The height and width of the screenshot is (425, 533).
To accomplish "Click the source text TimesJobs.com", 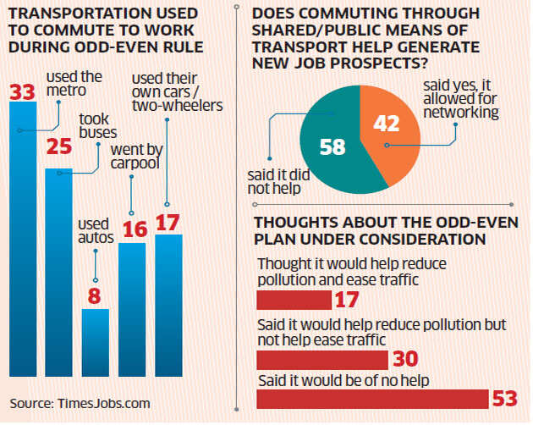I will point(100,403).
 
